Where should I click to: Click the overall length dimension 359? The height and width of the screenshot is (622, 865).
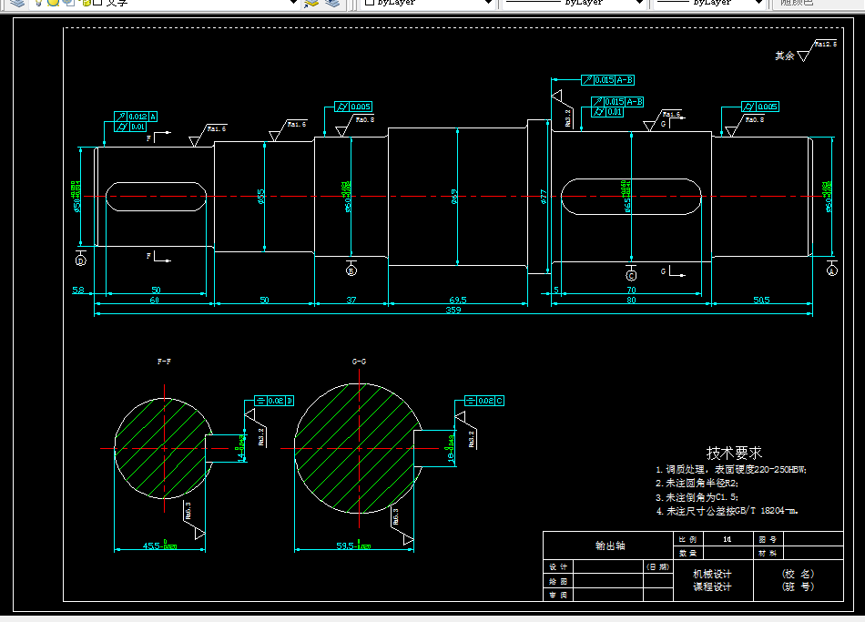pyautogui.click(x=453, y=311)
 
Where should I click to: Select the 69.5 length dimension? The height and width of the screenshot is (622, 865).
pyautogui.click(x=457, y=300)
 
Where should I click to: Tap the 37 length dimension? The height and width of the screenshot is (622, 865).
pyautogui.click(x=351, y=300)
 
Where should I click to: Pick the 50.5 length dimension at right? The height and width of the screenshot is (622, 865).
pyautogui.click(x=761, y=300)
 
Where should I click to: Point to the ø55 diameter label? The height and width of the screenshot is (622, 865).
pyautogui.click(x=261, y=196)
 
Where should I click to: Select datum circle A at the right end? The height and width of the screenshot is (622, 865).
pyautogui.click(x=831, y=270)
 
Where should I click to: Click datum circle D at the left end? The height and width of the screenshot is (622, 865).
pyautogui.click(x=80, y=260)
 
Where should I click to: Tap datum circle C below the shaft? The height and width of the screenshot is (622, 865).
pyautogui.click(x=632, y=274)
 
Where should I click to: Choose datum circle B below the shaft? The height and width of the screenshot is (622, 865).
pyautogui.click(x=351, y=270)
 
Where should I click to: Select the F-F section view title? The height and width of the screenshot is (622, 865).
pyautogui.click(x=164, y=362)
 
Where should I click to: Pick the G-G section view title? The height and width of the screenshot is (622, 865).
pyautogui.click(x=359, y=362)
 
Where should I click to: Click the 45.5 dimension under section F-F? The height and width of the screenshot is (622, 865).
pyautogui.click(x=158, y=546)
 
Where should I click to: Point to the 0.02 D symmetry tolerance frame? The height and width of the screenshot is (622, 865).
pyautogui.click(x=274, y=400)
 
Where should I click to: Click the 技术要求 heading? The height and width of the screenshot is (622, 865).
pyautogui.click(x=734, y=453)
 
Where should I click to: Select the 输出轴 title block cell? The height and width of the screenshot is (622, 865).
pyautogui.click(x=609, y=546)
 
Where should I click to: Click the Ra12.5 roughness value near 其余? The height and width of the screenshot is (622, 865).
pyautogui.click(x=825, y=43)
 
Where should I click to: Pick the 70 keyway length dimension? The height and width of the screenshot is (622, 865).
pyautogui.click(x=630, y=290)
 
